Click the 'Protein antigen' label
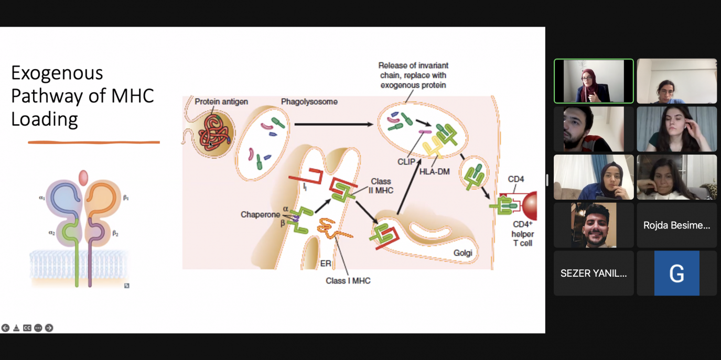tap(221, 102)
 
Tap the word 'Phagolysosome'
tap(309, 102)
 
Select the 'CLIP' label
tap(406, 162)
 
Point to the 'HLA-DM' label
tap(435, 171)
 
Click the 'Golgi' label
tap(462, 253)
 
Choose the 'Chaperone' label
tap(260, 215)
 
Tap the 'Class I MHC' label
tap(348, 281)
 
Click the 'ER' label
tap(325, 264)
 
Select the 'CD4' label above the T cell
tap(515, 179)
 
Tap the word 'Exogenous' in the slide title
tap(57, 73)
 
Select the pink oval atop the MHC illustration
tap(83, 178)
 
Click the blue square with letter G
tap(676, 273)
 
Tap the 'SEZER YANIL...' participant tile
tap(594, 273)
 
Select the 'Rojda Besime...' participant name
tap(676, 225)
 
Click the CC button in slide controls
tap(27, 328)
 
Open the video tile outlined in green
tap(594, 81)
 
